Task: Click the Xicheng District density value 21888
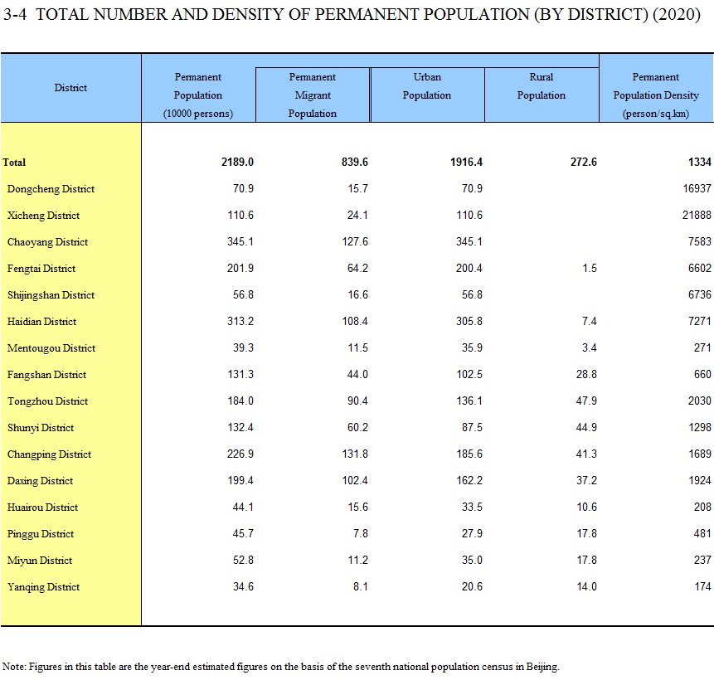[x=697, y=215]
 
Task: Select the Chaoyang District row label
[x=47, y=242]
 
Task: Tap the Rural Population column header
[x=541, y=86]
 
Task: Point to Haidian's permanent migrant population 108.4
[x=355, y=321]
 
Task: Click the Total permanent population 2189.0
[x=237, y=163]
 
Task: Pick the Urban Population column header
[x=427, y=86]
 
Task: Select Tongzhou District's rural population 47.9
[x=586, y=401]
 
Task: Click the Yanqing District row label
[x=43, y=586]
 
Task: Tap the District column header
[x=70, y=87]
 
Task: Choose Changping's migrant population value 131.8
[x=355, y=454]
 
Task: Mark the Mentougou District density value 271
[x=702, y=348]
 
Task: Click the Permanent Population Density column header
[x=656, y=95]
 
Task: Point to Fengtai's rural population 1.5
[x=590, y=268]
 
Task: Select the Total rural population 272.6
[x=583, y=163]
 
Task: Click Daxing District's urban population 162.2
[x=469, y=480]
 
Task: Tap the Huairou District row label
[x=42, y=508]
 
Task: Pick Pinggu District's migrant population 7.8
[x=360, y=533]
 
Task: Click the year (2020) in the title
[x=676, y=15]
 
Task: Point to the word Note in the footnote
[x=12, y=667]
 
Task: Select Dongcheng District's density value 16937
[x=697, y=188]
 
